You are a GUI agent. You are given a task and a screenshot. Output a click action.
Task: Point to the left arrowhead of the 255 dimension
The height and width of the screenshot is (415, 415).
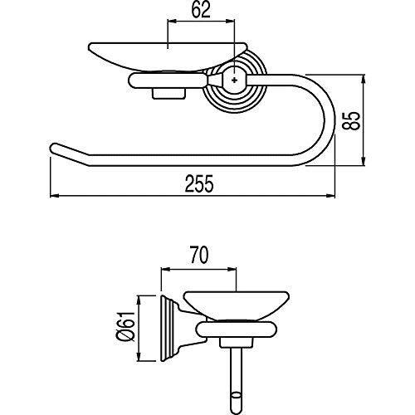pos(53,196)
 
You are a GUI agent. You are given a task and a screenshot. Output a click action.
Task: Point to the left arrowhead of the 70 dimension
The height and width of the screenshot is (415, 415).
pos(163,267)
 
